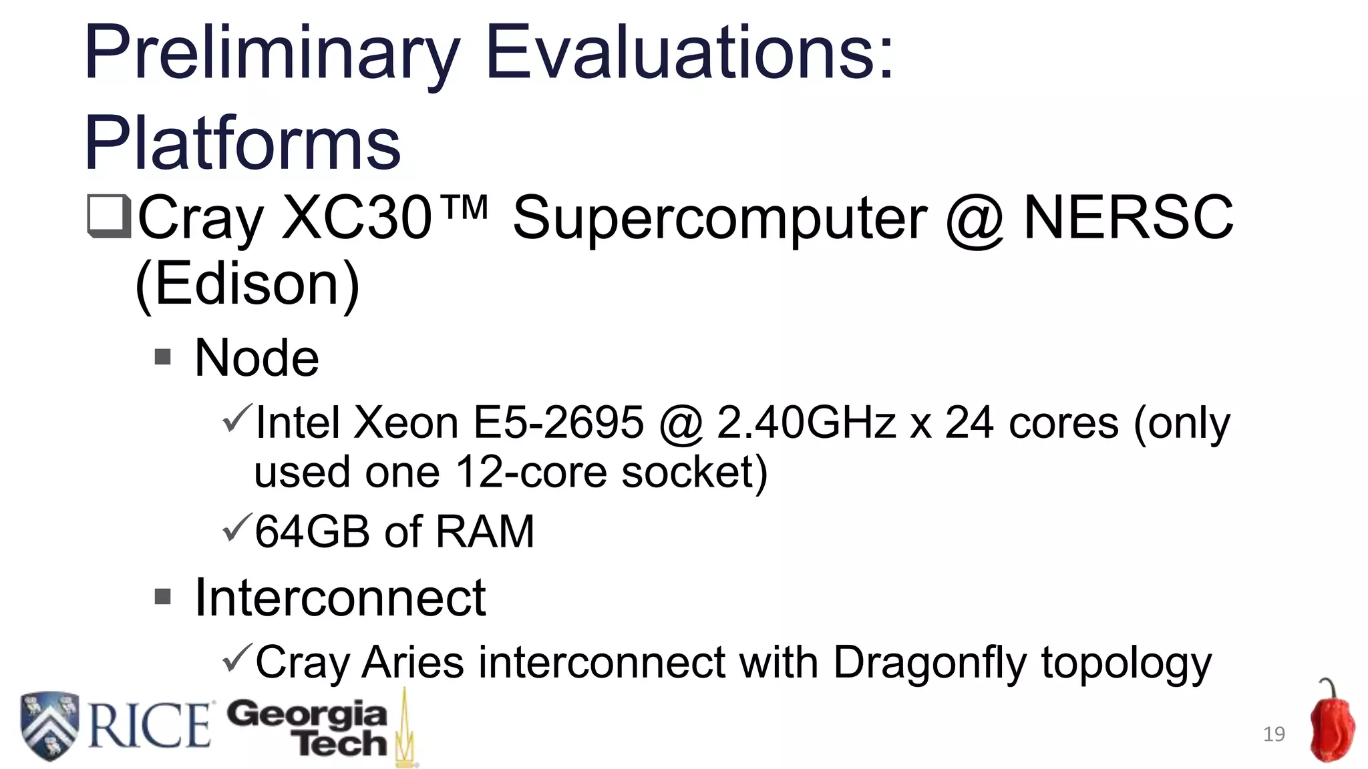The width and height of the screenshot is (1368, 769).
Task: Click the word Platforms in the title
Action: click(242, 143)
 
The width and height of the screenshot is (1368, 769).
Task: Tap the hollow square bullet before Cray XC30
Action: click(108, 217)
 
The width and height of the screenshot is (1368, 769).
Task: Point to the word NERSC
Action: click(1128, 218)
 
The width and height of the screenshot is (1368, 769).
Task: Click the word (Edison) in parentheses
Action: click(247, 284)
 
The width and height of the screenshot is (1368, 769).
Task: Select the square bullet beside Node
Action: click(162, 357)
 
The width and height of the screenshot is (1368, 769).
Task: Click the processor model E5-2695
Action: click(558, 423)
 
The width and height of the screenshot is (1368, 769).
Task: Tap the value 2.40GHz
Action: click(806, 423)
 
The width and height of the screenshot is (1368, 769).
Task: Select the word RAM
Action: click(485, 531)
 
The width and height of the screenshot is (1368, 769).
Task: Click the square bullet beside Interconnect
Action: click(162, 596)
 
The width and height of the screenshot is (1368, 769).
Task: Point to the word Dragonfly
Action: click(929, 663)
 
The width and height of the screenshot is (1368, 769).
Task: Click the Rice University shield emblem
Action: click(49, 726)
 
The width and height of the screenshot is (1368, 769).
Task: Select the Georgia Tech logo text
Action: click(307, 728)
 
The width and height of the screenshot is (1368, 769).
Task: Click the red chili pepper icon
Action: click(1331, 724)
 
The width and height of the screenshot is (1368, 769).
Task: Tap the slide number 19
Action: click(1274, 734)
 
